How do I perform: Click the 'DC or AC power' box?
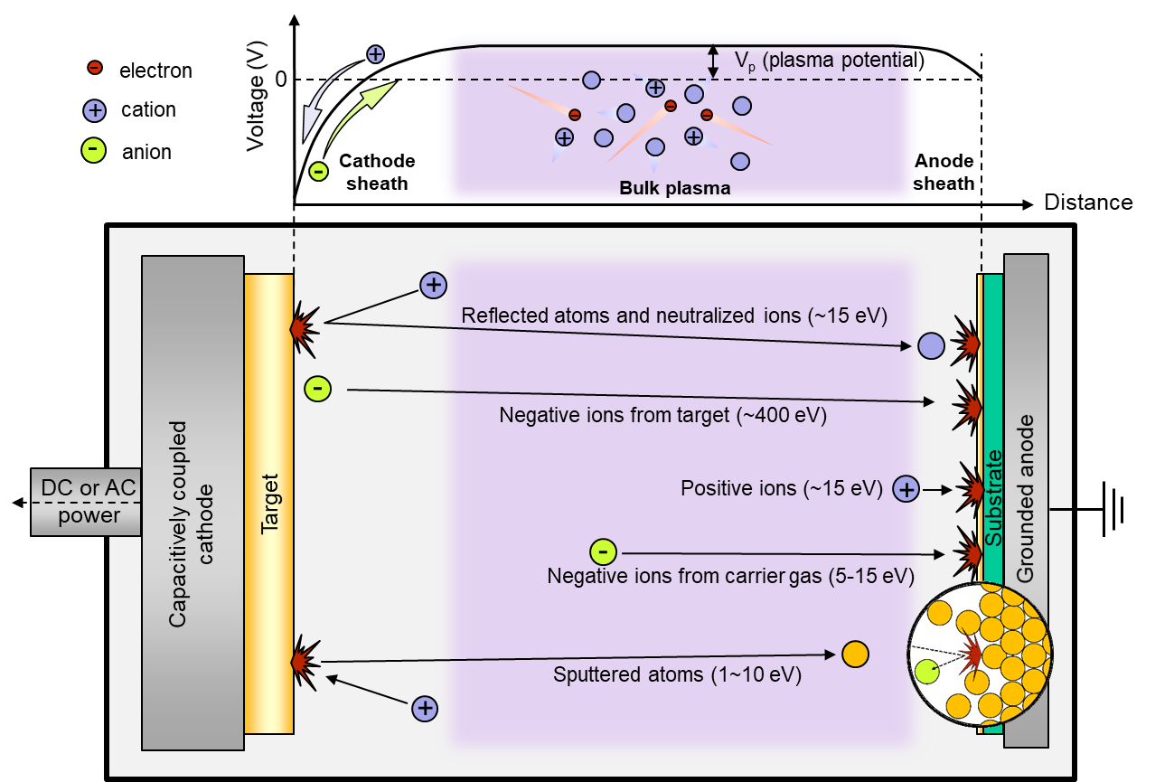coord(86,503)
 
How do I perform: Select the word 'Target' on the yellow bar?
coord(269,503)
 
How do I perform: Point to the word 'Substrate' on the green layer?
coord(993,498)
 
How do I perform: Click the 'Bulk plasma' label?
coord(674,189)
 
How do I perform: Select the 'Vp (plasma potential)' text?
coord(827,61)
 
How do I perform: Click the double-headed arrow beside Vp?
coord(713,61)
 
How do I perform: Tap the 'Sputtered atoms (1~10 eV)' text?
coord(677,674)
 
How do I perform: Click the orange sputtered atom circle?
coord(855,654)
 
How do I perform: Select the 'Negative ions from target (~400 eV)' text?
coord(662,416)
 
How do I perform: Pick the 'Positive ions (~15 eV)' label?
coord(781,489)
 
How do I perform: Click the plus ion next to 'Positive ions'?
coord(906,490)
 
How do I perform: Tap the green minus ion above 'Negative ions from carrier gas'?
coord(603,551)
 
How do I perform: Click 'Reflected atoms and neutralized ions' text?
coord(674,316)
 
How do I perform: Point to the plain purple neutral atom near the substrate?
coord(931,345)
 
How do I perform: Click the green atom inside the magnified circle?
coord(926,671)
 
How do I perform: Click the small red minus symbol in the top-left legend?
coord(94,67)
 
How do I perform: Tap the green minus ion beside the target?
coord(318,389)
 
